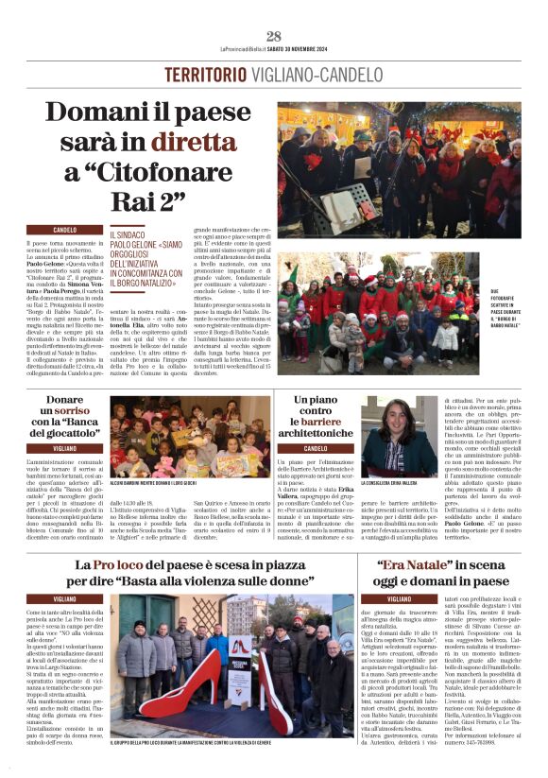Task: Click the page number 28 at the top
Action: point(273,36)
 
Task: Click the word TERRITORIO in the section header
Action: point(214,75)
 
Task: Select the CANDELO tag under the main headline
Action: point(65,230)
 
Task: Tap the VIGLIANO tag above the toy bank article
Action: point(65,447)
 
